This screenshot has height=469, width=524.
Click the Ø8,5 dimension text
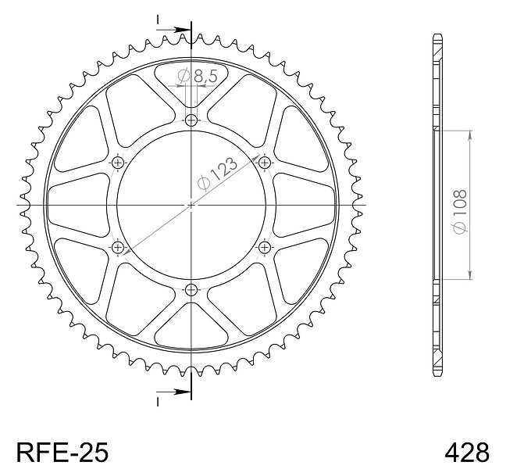point(197,77)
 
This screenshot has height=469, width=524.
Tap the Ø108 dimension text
point(460,212)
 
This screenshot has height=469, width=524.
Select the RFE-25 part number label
point(62,453)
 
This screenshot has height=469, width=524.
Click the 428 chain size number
point(467,453)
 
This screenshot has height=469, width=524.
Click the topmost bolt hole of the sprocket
point(191,120)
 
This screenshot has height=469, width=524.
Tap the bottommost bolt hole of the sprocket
point(191,290)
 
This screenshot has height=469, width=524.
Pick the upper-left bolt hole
point(118,163)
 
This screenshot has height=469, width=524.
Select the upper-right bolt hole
point(265,163)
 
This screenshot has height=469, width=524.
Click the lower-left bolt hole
point(118,248)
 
